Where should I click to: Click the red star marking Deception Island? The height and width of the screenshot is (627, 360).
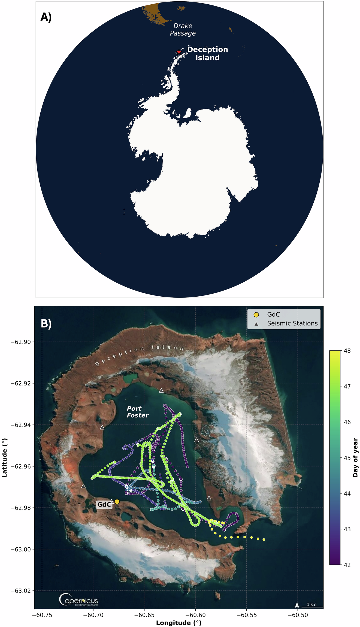coord(179,52)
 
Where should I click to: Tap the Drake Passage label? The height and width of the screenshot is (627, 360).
coord(183,29)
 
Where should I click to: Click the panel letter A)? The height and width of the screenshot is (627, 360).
coord(46,17)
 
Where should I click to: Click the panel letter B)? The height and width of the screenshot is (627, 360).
coord(46,324)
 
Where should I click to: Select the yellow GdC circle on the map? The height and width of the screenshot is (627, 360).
coord(117,502)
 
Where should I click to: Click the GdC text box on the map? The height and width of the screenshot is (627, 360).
coord(104,505)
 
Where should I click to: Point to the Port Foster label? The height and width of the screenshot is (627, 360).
coord(137,412)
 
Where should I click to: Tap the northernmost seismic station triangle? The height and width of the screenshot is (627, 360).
coord(161,391)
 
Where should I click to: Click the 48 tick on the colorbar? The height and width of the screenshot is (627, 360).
coord(347,351)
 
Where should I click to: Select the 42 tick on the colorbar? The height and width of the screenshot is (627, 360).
coord(347,565)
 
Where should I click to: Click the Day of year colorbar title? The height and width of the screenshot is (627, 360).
coord(355,458)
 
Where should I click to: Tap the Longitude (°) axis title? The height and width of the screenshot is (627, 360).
coord(179,623)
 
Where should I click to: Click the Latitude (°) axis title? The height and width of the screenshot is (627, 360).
coord(4,458)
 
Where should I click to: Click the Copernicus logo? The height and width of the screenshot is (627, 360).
coord(78,600)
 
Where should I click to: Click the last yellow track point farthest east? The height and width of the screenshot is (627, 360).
coord(264,539)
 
